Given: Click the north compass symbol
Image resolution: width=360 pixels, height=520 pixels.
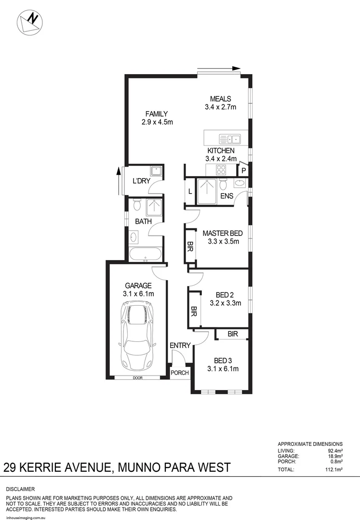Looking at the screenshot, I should pos(29,22).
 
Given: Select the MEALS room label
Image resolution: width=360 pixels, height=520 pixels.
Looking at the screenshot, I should pos(220,99).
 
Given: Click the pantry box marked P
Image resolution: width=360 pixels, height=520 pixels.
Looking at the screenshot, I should pos(244,170).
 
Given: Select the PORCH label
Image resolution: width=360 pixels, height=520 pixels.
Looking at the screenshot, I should pos(180,372).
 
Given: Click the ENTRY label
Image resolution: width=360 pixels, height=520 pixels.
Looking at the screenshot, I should pos(180,345).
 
